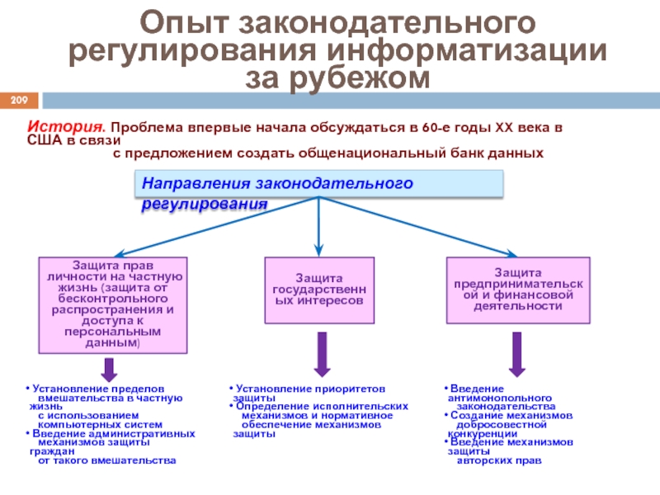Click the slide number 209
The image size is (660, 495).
[19, 101]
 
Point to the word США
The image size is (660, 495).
[43, 142]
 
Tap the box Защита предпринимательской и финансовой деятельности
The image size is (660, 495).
[517, 289]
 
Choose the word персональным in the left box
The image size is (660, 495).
[112, 330]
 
